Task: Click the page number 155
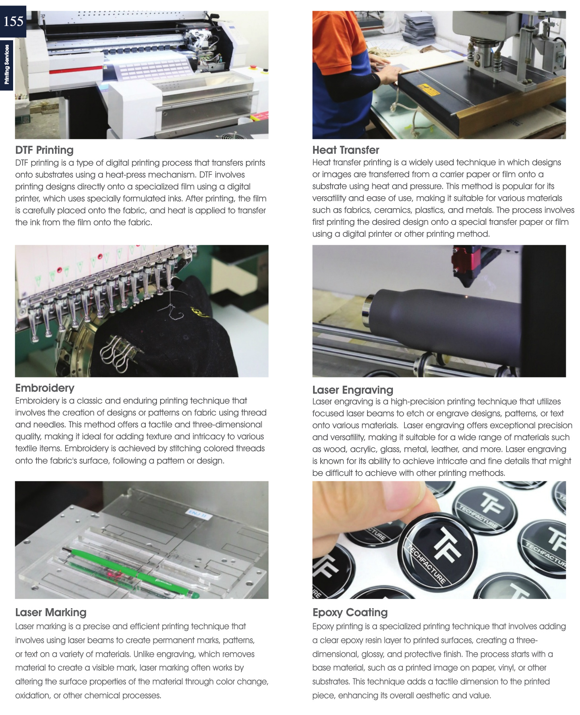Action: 13,21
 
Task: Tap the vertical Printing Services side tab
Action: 7,65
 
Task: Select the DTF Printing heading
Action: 44,150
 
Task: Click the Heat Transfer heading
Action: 346,150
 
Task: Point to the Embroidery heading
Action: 45,388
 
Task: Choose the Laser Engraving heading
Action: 353,390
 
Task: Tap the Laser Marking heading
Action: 51,612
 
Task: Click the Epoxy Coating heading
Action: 350,612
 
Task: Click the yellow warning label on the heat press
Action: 428,90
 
